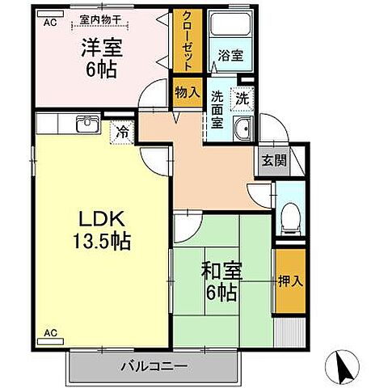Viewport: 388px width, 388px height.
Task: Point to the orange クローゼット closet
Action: point(187,43)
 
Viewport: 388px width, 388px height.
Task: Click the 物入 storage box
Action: point(187,91)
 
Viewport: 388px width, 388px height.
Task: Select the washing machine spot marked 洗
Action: point(242,98)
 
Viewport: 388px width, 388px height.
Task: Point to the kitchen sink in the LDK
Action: point(85,124)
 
